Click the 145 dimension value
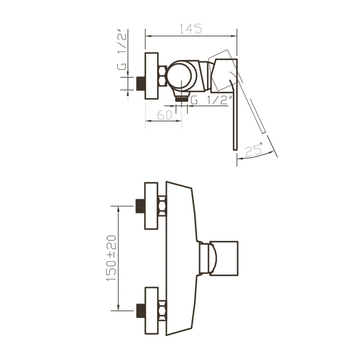tap(190, 29)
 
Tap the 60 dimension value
tap(164, 115)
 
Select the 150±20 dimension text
tap(111, 258)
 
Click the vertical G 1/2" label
tap(122, 49)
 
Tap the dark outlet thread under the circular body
tap(182, 99)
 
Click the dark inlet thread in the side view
tap(140, 84)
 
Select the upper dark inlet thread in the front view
tap(140, 206)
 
